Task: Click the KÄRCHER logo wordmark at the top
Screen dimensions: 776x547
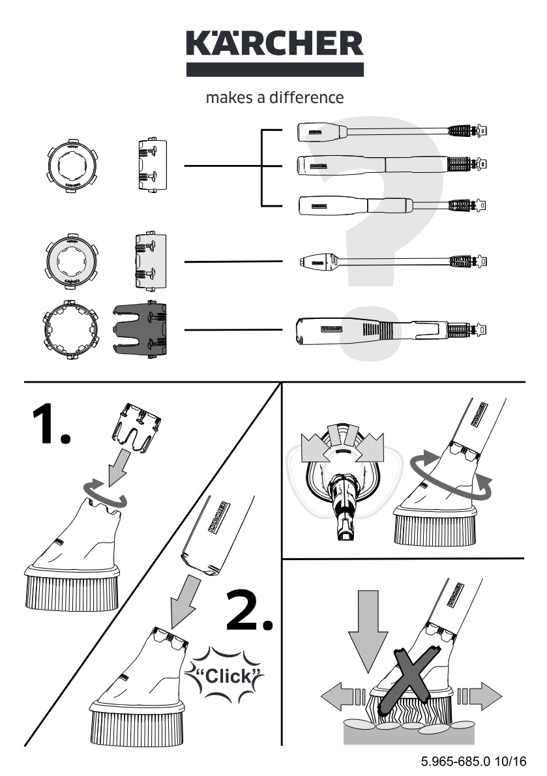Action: coord(274,44)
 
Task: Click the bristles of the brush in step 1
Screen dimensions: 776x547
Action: coord(72,591)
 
